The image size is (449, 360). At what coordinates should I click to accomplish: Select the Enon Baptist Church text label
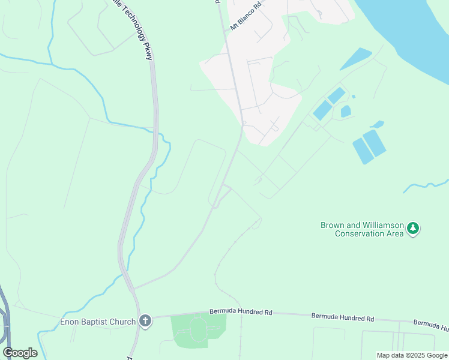coord(98,322)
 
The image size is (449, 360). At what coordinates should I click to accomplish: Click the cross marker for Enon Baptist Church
coord(145,321)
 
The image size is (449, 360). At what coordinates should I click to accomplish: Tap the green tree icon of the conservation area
coord(413,229)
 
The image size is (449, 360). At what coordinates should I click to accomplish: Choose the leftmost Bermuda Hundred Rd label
coord(241,312)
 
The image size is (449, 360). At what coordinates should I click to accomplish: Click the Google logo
coord(20,353)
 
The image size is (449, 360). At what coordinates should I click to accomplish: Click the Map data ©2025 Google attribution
coord(411,355)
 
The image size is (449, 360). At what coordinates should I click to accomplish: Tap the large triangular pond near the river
coord(357,58)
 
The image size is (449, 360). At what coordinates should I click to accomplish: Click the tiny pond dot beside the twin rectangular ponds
coord(353,97)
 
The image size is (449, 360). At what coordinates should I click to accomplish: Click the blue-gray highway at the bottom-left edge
coord(5,324)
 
